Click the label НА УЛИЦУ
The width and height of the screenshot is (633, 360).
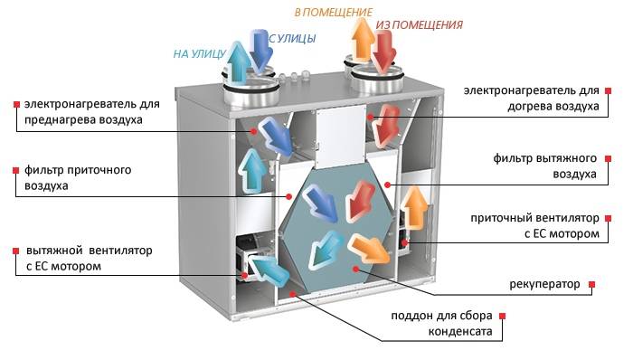point(199,53)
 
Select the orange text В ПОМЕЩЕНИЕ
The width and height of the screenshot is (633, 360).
point(333,13)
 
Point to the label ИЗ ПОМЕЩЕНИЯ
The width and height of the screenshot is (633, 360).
point(420,25)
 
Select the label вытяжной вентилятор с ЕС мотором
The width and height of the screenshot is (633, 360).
point(76,258)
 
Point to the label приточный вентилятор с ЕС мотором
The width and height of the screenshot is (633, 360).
point(535,226)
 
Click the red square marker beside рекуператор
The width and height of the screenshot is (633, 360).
point(592,285)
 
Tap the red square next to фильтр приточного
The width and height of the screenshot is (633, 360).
point(15,169)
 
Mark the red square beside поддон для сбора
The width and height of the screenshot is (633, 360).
point(502,317)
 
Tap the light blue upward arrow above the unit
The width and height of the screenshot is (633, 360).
point(241,62)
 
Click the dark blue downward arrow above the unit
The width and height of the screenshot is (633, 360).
point(263,52)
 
